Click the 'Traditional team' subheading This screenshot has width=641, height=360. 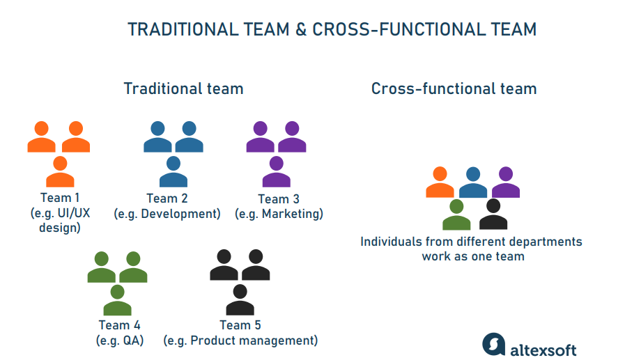[183, 88]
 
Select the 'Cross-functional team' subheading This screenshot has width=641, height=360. [454, 88]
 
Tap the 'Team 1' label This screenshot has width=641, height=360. [60, 198]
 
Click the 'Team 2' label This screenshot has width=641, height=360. [167, 198]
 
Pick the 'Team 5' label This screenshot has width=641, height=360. [240, 325]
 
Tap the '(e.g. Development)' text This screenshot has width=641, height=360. [167, 214]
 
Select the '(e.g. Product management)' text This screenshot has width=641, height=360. [240, 341]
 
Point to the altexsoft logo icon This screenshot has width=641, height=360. [493, 344]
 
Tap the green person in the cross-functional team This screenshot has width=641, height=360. [456, 216]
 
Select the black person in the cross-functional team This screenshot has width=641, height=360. [493, 216]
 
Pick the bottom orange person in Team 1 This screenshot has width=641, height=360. [60, 173]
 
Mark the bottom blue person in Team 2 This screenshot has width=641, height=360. [173, 173]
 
